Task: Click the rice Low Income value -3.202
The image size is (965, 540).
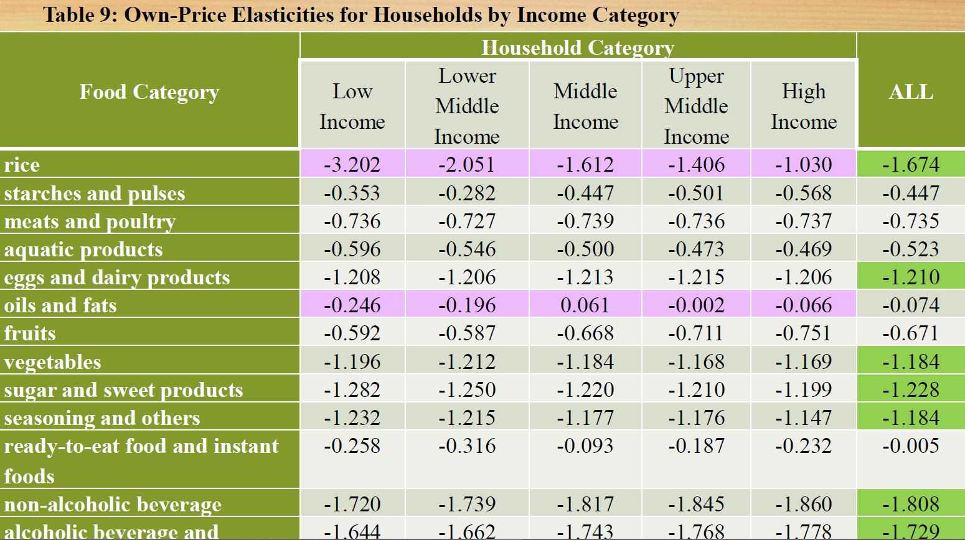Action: pos(352,164)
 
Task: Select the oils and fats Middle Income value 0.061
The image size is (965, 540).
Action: pos(585,305)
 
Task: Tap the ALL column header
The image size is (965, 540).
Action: pos(910,92)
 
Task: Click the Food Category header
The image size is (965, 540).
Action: pos(149,92)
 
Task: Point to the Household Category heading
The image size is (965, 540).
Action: pos(578,47)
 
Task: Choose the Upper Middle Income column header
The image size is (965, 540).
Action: pos(696,106)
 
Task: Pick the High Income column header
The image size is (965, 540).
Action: pos(804,106)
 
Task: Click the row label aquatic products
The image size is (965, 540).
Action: pos(83,249)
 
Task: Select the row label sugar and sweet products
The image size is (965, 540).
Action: pos(123,390)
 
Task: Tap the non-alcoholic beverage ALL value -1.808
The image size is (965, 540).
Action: pos(910,504)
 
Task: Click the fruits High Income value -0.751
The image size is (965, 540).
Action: pos(803,333)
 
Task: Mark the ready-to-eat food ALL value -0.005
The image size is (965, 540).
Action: pos(910,445)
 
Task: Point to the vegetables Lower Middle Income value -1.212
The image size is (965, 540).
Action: pos(467,361)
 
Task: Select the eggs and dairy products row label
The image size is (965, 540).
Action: pos(117,277)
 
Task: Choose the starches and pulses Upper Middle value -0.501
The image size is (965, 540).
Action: pos(696,193)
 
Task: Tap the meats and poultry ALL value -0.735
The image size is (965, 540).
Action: pos(910,221)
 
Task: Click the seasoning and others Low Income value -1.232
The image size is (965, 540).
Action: pos(352,417)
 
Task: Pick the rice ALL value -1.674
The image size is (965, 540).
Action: pos(910,164)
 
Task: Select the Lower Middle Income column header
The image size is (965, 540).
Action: pos(467,106)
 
